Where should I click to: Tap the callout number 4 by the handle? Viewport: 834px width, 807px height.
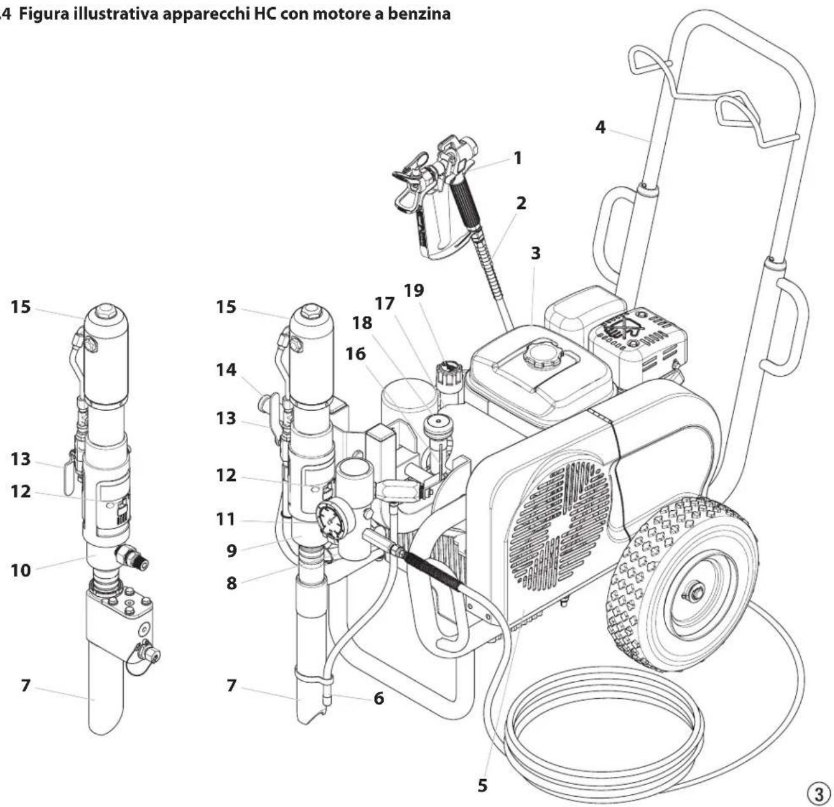tap(600, 127)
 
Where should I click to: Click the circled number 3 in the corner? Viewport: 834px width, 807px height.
tap(818, 793)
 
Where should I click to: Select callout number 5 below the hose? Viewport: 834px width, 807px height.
tap(483, 785)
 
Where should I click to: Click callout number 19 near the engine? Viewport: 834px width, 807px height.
tap(413, 290)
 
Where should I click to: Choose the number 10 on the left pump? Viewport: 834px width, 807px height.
tap(20, 570)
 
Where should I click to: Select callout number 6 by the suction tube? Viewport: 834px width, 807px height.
tap(379, 698)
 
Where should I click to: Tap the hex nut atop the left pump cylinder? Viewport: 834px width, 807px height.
tap(106, 311)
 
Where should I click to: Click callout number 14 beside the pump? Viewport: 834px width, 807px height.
tap(226, 370)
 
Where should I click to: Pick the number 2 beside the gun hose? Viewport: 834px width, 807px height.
tap(521, 203)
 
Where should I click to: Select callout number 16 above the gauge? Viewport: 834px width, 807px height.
tap(356, 354)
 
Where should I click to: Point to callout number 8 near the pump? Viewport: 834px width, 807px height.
tap(231, 582)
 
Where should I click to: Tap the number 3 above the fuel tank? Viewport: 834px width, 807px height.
tap(535, 253)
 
